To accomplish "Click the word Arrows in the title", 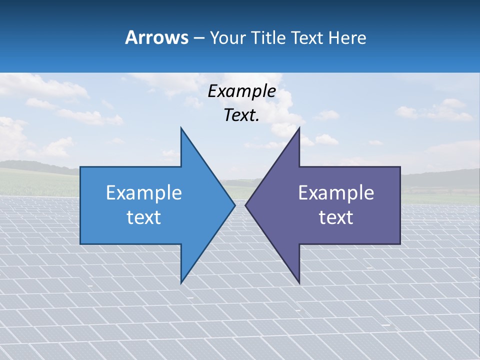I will tap(156, 37).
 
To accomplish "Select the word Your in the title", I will tap(228, 37).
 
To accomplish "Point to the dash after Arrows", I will tap(198, 38).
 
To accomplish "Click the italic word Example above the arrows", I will tap(241, 91).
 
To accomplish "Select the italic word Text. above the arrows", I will tap(241, 115).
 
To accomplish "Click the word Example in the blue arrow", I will tap(144, 192).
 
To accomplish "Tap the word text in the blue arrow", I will tap(144, 217).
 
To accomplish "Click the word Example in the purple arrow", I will tap(336, 192).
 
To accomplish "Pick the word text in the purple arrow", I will tap(336, 217).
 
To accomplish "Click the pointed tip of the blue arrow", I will tap(234, 204).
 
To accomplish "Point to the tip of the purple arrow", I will tap(246, 204).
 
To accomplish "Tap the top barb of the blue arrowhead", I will tap(182, 131).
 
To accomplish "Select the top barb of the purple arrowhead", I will tap(298, 131).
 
